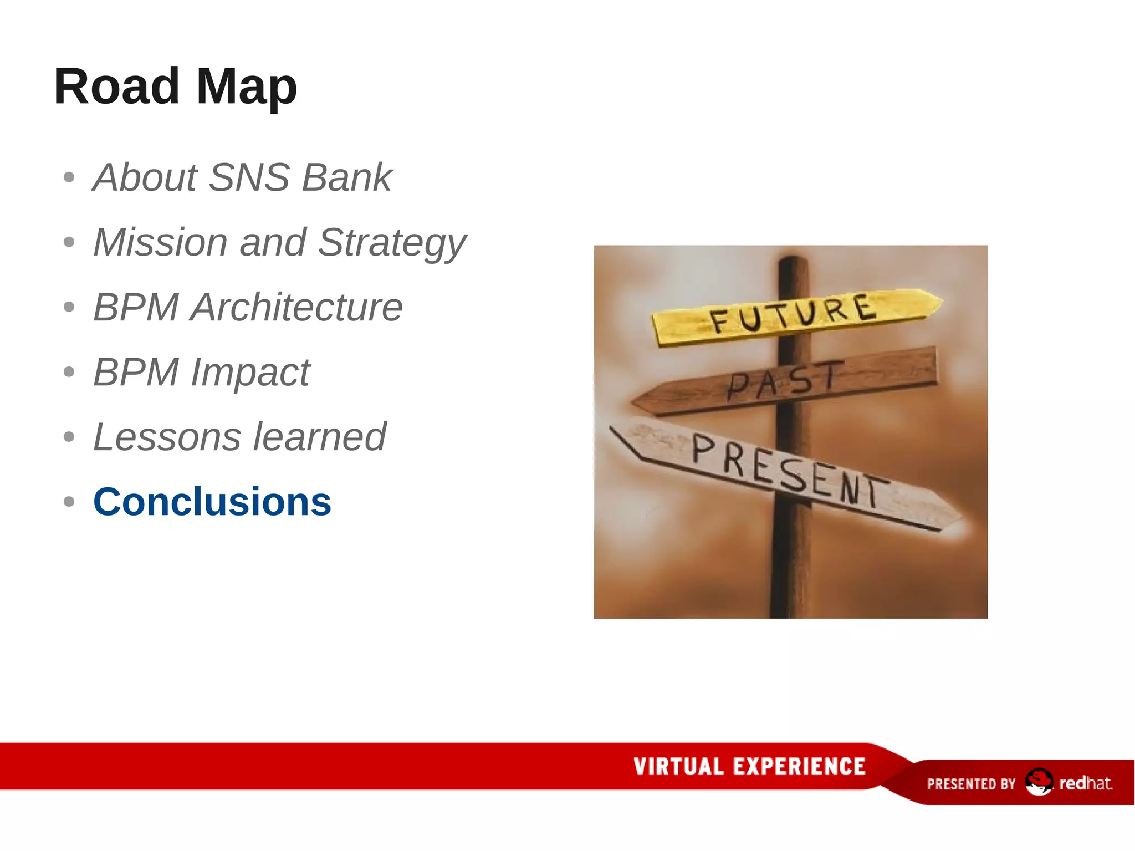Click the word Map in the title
247,86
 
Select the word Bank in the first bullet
347,177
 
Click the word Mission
160,242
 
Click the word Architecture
296,307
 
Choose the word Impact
250,373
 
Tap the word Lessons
167,437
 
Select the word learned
319,437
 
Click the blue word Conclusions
212,502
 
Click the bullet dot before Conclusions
69,502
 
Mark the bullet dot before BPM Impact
69,372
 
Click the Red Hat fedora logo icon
1038,782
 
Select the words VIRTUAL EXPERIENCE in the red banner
749,767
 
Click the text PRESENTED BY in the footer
971,784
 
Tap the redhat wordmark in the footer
1085,783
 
